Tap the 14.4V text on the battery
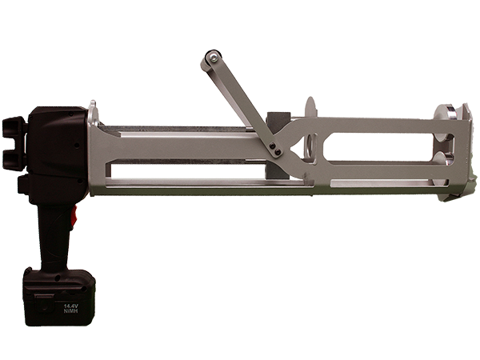71,306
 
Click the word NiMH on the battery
70,311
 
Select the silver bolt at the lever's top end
213,56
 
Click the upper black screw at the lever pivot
273,146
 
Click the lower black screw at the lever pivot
278,151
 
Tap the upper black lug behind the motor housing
13,127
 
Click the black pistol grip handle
55,236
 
